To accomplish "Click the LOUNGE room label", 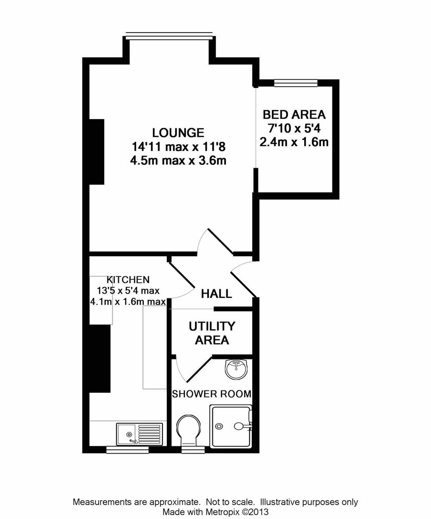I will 178,132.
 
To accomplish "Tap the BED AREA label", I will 294,115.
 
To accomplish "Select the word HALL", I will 216,294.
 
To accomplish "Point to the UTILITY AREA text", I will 212,333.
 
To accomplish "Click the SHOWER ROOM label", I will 211,395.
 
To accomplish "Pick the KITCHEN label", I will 128,279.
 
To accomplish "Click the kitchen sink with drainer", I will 140,433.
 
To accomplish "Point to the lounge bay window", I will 169,34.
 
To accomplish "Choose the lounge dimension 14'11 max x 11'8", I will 178,147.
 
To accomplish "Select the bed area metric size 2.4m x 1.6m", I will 294,142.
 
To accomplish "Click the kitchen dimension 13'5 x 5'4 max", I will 128,290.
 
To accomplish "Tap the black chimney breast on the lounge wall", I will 97,151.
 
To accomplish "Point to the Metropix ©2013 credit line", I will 215,512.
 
